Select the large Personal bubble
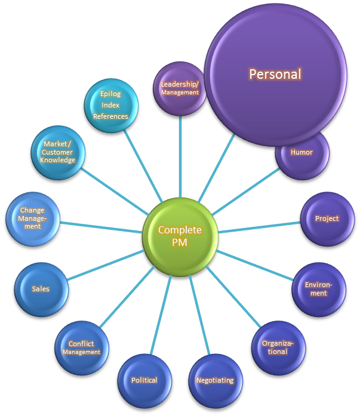tap(275, 75)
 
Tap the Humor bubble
tap(302, 153)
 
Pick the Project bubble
tap(327, 219)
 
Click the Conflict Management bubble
tap(81, 348)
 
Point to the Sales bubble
tap(41, 289)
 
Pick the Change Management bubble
tap(32, 218)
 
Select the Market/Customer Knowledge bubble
tap(58, 152)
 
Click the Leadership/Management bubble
tap(180, 88)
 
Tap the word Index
tap(110, 105)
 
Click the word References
tap(110, 116)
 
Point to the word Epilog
tap(110, 94)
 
